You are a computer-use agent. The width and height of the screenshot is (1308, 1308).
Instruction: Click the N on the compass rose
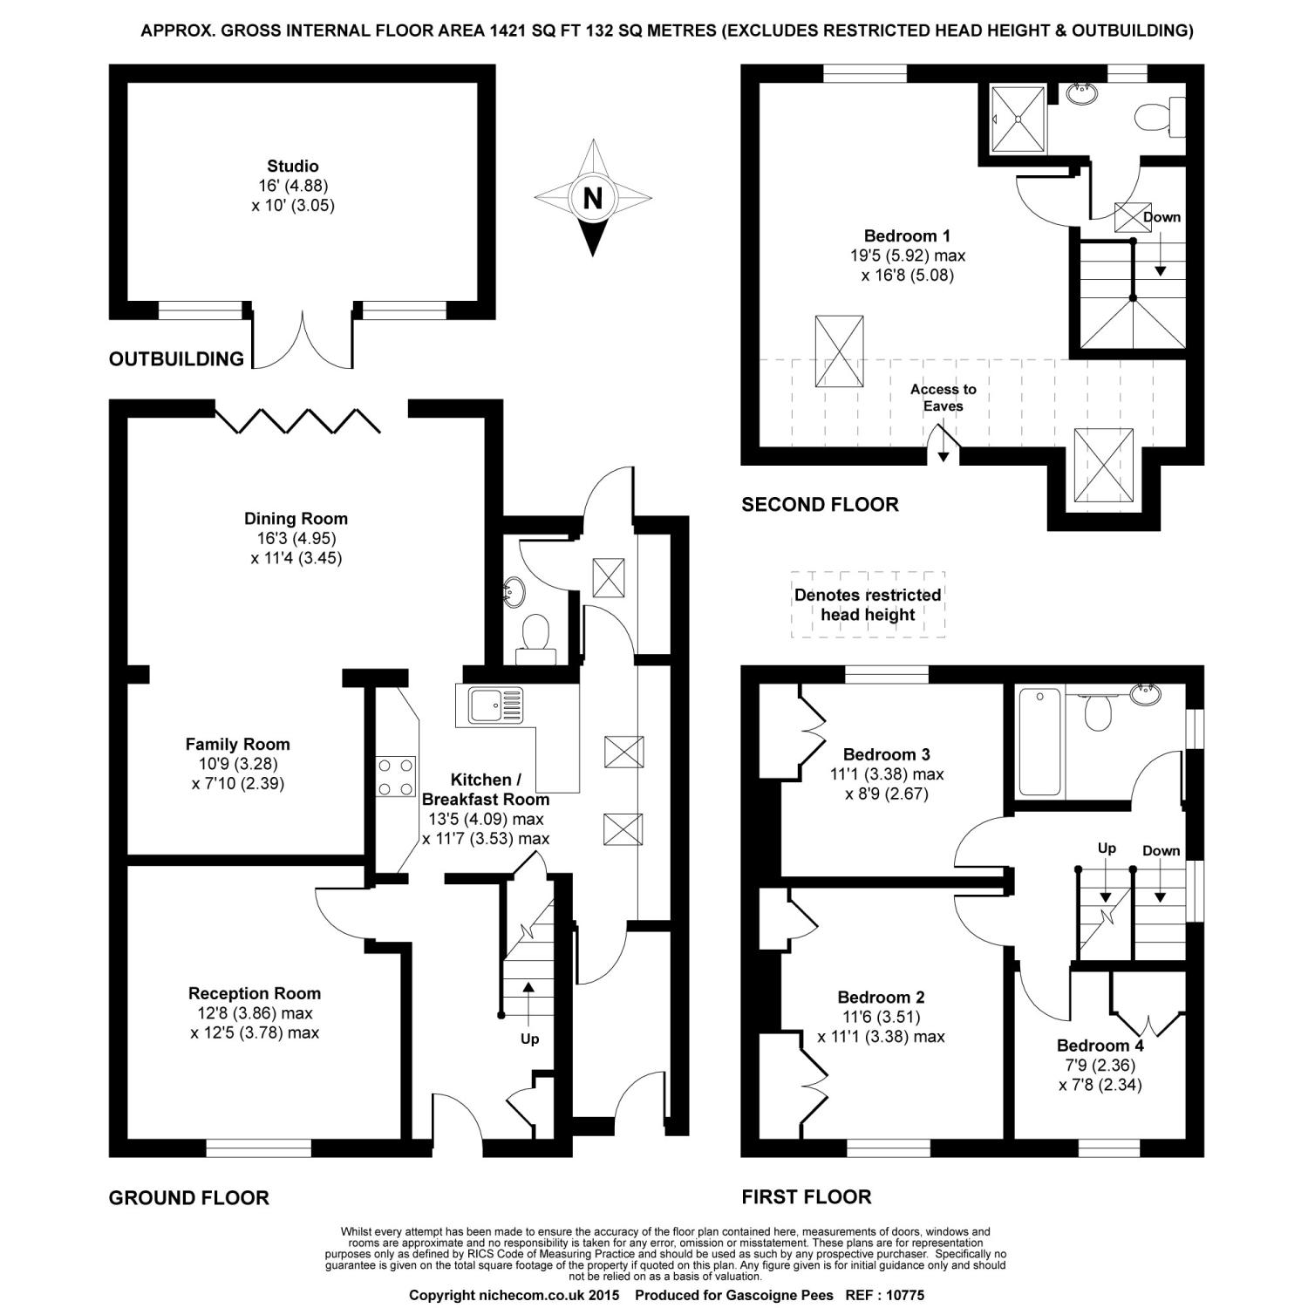[592, 198]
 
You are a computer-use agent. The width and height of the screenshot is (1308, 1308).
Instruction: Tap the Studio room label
[293, 166]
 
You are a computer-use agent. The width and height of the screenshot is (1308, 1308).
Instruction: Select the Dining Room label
[296, 518]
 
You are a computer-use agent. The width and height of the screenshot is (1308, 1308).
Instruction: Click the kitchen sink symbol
[495, 705]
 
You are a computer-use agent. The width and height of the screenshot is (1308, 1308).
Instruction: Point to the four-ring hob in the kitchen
[395, 776]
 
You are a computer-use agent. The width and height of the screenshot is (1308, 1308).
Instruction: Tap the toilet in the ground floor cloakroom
[534, 632]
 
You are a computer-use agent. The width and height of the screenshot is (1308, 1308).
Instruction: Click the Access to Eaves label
[944, 397]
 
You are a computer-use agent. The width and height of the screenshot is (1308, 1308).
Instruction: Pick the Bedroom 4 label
[1100, 1046]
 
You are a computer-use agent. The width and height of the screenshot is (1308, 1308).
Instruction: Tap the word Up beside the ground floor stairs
[529, 1039]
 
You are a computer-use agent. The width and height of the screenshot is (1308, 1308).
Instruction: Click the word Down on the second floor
[1162, 217]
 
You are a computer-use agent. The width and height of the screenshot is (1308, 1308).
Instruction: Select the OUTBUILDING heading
[176, 358]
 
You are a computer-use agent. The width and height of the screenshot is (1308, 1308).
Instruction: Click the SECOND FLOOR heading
[820, 504]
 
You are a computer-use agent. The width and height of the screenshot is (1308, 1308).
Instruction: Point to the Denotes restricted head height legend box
[868, 604]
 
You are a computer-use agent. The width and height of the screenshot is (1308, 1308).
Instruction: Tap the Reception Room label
[255, 993]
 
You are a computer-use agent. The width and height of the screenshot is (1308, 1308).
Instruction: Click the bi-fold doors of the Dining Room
[297, 419]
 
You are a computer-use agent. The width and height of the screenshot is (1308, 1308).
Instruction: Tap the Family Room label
[237, 744]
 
